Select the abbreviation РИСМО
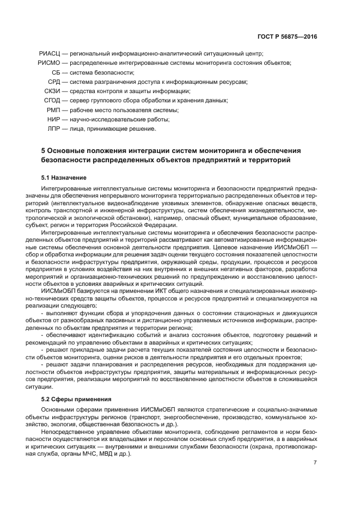coord(48,63)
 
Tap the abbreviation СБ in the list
coord(56,72)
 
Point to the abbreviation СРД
coord(54,82)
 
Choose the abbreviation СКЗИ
coord(52,91)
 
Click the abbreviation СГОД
coord(52,101)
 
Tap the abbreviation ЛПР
coord(54,129)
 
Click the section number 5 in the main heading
coord(43,150)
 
